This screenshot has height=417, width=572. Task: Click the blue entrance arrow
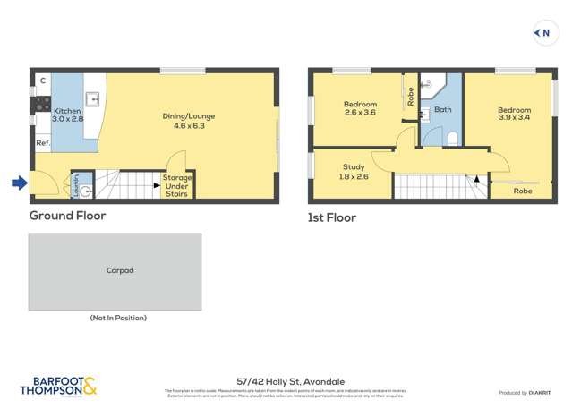click(19, 183)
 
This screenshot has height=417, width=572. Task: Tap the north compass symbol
click(542, 33)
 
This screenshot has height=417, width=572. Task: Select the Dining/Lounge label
click(184, 121)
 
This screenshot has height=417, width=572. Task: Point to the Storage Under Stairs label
click(176, 185)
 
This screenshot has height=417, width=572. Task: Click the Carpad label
click(119, 270)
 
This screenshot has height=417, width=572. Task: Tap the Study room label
click(354, 172)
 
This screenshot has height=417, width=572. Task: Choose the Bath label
click(442, 110)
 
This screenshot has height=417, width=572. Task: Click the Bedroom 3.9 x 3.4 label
click(514, 114)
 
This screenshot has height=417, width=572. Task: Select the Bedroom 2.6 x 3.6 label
click(359, 108)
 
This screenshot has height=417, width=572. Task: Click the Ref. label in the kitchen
click(42, 143)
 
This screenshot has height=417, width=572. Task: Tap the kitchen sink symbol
click(92, 98)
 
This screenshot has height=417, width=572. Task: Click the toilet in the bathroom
click(452, 138)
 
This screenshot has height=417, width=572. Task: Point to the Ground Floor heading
click(67, 216)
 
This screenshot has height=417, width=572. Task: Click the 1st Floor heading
click(331, 217)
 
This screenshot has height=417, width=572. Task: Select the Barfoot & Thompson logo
click(58, 387)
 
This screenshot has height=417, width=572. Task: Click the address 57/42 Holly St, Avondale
click(286, 381)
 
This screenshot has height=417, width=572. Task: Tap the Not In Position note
click(117, 318)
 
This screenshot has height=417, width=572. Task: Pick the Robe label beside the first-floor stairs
click(523, 191)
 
